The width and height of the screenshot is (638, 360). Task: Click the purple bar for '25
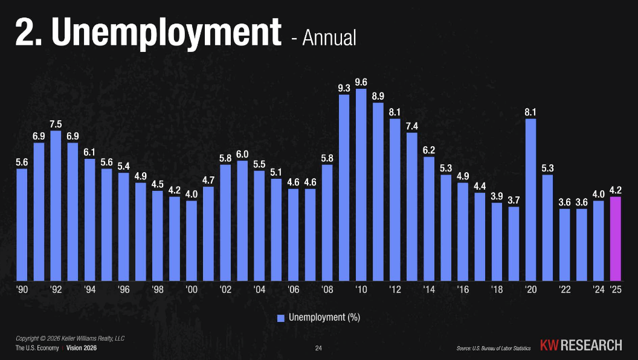pyautogui.click(x=616, y=239)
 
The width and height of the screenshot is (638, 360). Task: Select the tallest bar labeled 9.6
pyautogui.click(x=361, y=185)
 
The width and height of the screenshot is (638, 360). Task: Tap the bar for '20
pyautogui.click(x=531, y=200)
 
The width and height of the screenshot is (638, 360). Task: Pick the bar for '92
pyautogui.click(x=56, y=206)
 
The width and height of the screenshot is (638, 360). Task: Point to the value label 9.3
pyautogui.click(x=344, y=88)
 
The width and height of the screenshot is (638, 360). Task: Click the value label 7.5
pyautogui.click(x=56, y=124)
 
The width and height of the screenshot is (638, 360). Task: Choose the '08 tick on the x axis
pyautogui.click(x=327, y=289)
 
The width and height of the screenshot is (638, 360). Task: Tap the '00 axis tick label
pyautogui.click(x=192, y=289)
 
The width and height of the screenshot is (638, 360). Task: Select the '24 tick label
pyautogui.click(x=599, y=289)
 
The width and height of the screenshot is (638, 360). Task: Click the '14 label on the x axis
pyautogui.click(x=429, y=289)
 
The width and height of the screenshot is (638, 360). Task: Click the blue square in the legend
pyautogui.click(x=281, y=318)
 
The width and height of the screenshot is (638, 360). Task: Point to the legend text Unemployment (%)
pyautogui.click(x=324, y=318)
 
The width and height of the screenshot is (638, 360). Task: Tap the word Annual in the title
pyautogui.click(x=329, y=37)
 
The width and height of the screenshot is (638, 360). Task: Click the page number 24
pyautogui.click(x=319, y=349)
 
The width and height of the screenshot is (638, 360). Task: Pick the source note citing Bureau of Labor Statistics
pyautogui.click(x=494, y=349)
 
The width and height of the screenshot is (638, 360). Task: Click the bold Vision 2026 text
pyautogui.click(x=82, y=349)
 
